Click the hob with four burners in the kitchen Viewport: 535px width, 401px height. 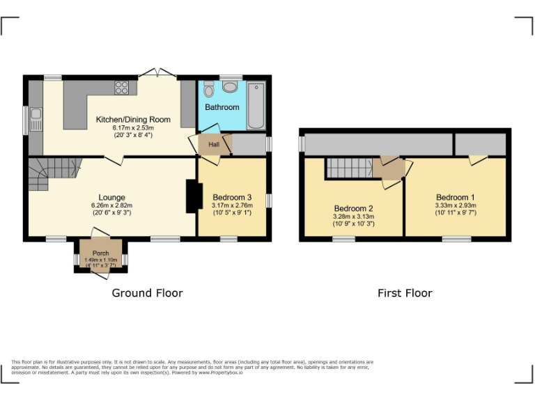coord(122,88)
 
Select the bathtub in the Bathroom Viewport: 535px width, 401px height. coord(256,105)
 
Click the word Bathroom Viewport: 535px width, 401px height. coord(222,107)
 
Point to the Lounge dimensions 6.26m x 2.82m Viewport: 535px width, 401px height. coord(111,205)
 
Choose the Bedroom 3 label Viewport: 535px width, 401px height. coord(232,197)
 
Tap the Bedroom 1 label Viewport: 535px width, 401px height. coord(456,197)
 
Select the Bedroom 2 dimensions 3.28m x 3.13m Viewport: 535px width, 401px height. coord(354,217)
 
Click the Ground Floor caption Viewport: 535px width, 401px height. coord(147,293)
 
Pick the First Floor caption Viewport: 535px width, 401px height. coord(405,293)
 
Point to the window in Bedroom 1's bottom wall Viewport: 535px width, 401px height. coord(456,239)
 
